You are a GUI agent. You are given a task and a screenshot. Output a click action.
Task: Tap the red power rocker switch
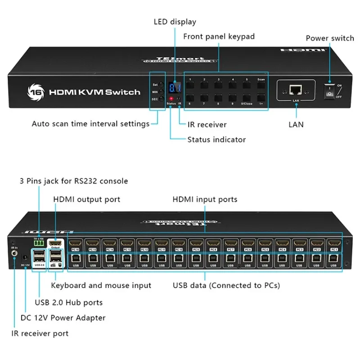pos(330,91)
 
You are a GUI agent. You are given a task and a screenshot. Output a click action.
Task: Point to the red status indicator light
pos(171,99)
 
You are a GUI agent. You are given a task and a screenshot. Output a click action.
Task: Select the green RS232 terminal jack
pos(39,243)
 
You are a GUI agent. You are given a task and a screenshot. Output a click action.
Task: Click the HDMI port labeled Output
pos(55,243)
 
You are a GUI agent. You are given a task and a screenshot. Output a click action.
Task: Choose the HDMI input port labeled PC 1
pos(333,243)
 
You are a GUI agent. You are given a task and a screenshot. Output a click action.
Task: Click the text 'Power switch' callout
pos(329,38)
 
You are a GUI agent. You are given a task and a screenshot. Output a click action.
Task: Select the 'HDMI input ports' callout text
pos(205,199)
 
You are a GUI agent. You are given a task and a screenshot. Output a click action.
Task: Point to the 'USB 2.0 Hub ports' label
pos(68,302)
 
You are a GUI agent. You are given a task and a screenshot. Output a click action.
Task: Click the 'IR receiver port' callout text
pos(40,333)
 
